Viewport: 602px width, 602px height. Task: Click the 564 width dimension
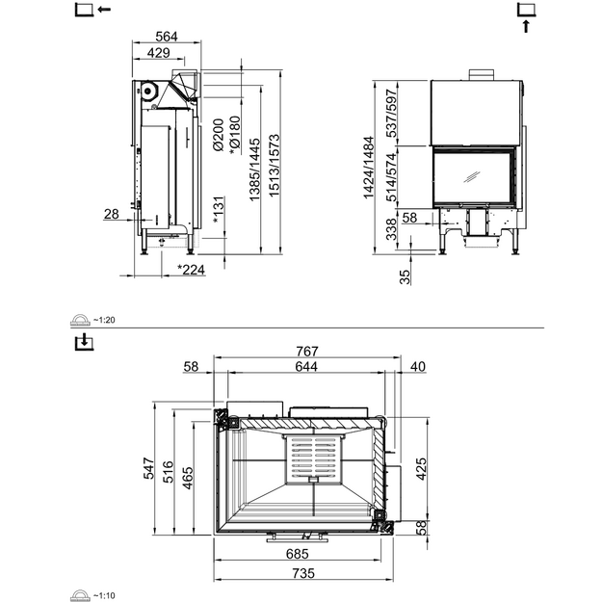(167, 37)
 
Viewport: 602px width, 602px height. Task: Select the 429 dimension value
(158, 53)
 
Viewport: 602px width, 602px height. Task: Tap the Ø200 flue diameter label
(218, 135)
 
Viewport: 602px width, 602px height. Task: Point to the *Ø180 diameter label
(234, 136)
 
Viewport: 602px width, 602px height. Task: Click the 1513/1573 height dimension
(275, 166)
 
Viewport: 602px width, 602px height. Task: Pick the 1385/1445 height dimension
(254, 170)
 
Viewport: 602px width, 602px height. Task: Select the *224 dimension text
(191, 270)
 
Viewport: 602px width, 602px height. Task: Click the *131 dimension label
(218, 210)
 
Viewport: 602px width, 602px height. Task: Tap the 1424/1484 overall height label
(369, 168)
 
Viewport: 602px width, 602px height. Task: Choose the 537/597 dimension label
(392, 114)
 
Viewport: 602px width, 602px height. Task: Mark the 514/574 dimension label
(392, 177)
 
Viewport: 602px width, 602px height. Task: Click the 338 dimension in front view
(391, 229)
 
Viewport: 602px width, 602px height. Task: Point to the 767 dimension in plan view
(307, 352)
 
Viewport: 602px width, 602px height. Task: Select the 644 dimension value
(306, 367)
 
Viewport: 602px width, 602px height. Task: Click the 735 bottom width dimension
(303, 573)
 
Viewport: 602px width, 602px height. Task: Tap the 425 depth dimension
(421, 469)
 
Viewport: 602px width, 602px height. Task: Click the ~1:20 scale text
(104, 320)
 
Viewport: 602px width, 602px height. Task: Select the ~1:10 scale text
(104, 596)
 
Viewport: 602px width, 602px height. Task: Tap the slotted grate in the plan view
(314, 458)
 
